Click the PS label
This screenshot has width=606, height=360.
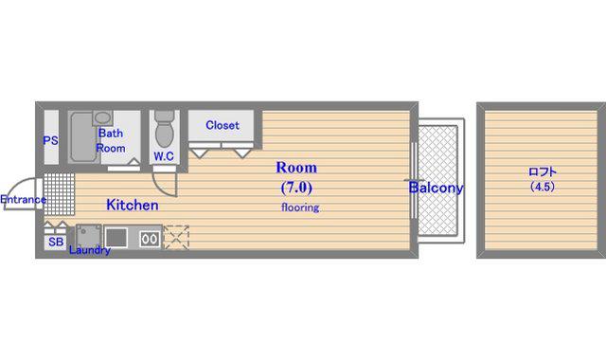tap(50, 140)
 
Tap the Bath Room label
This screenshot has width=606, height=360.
tap(111, 140)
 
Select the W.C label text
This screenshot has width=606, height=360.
tap(164, 156)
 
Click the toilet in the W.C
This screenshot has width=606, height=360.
tap(164, 129)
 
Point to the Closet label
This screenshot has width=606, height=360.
tap(223, 125)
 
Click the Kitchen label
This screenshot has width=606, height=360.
tap(133, 205)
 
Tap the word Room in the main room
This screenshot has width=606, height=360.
tap(296, 168)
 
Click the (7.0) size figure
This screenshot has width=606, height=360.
tap(296, 188)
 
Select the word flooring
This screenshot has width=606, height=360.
tap(300, 207)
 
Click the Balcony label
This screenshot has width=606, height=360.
tap(436, 188)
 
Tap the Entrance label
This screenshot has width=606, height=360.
tap(23, 200)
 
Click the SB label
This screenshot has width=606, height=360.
tap(56, 243)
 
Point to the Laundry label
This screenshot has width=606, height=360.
tap(90, 250)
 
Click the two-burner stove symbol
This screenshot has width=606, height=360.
tap(150, 239)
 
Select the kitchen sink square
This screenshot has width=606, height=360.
tap(116, 238)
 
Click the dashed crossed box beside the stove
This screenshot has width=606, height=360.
tap(176, 238)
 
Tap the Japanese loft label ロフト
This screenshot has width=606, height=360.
tap(543, 171)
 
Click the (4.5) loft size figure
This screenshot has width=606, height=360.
tap(543, 187)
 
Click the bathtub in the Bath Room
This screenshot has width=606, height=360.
tap(83, 136)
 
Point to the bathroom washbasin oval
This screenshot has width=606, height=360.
tap(102, 117)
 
